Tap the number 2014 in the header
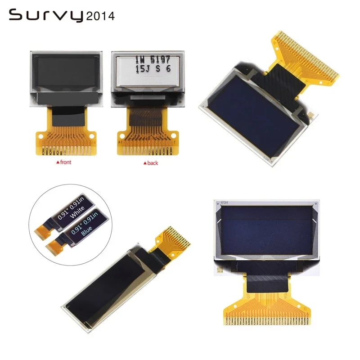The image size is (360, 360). [x=100, y=16]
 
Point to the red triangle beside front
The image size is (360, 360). [x=55, y=164]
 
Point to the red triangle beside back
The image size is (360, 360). [x=144, y=164]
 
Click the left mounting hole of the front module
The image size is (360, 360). [x=41, y=135]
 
